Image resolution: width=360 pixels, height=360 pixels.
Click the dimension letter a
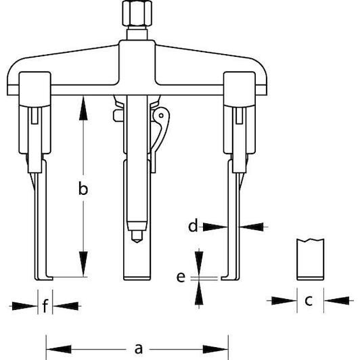click(x=138, y=348)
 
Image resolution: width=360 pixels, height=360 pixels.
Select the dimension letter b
click(x=83, y=188)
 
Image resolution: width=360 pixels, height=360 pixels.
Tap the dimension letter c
click(x=309, y=300)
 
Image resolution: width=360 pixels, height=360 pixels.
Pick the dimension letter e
click(x=181, y=277)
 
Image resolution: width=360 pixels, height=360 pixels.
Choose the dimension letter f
click(x=45, y=305)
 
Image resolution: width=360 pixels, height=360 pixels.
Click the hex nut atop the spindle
click(x=137, y=13)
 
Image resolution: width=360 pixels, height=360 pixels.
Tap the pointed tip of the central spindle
click(x=137, y=242)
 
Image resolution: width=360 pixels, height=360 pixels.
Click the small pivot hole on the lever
click(x=161, y=115)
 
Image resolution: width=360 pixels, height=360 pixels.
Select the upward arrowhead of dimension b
click(x=83, y=108)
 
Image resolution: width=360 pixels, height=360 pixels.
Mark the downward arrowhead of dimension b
click(x=83, y=264)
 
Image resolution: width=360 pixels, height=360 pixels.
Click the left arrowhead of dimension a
click(x=59, y=349)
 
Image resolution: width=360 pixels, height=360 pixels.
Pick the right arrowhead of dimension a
click(x=215, y=349)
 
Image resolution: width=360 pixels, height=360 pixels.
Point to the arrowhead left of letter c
click(x=284, y=300)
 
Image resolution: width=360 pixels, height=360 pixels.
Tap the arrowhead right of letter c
click(x=336, y=300)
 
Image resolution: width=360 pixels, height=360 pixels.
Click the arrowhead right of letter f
click(x=66, y=306)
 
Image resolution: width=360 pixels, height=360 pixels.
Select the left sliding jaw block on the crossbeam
click(x=35, y=112)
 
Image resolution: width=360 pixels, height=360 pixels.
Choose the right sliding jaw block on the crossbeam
click(x=240, y=112)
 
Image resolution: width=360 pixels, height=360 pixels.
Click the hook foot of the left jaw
click(x=44, y=278)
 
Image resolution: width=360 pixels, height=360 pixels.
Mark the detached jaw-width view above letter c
click(x=310, y=259)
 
